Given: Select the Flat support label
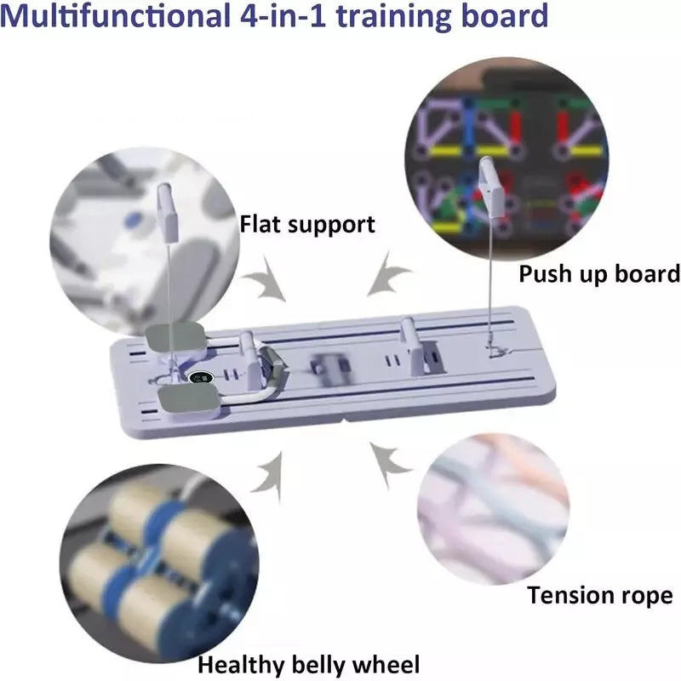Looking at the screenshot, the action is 307,225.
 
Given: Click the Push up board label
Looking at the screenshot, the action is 599,274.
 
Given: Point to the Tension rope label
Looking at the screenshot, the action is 600,596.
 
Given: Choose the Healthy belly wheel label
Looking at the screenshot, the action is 309,665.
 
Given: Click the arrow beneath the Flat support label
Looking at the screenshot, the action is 265,279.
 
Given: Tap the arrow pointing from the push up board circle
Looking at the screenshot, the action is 388,273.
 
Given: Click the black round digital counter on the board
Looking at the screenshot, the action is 201,377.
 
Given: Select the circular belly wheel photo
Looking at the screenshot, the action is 159,564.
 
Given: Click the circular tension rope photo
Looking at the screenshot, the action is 494,508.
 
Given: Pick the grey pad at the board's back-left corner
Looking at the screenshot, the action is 175,336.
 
